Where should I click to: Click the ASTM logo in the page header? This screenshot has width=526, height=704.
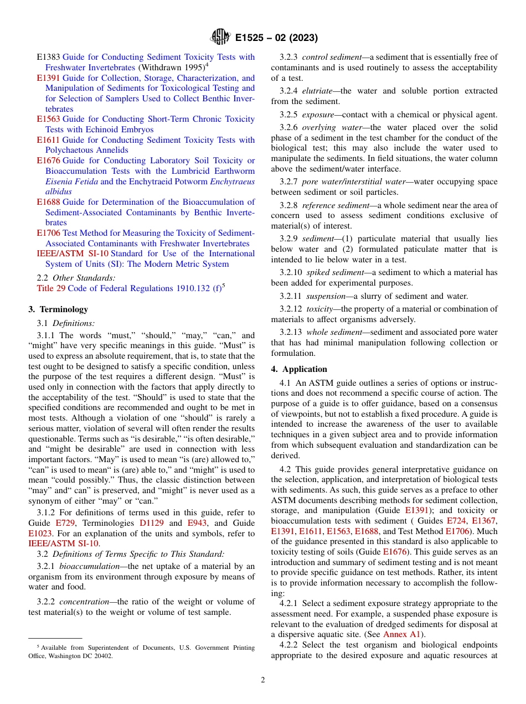(x=220, y=37)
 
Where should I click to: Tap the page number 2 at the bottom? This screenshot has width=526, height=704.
(x=262, y=680)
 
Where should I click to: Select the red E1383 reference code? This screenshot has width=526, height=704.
(x=48, y=57)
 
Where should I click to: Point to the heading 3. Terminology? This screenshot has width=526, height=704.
(x=58, y=309)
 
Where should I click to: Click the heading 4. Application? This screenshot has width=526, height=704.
(x=299, y=369)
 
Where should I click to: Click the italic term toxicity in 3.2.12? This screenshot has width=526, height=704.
(x=319, y=309)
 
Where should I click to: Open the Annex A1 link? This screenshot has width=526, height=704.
(x=402, y=634)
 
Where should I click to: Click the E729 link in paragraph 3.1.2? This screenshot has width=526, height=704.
(x=65, y=523)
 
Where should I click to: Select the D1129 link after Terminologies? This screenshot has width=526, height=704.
(x=152, y=523)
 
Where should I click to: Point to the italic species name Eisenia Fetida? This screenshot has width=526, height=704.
(x=71, y=181)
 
